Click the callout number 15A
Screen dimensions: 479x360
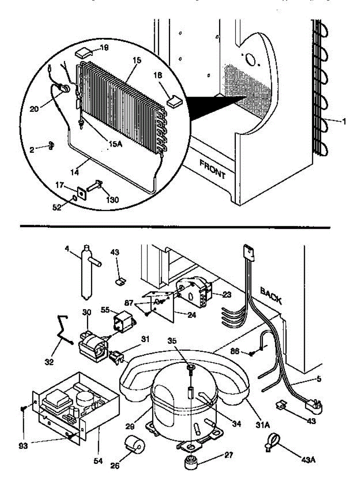(x=115, y=144)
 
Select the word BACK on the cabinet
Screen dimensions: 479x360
(x=271, y=295)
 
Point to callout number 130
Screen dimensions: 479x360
(x=112, y=200)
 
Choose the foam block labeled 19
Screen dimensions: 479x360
(x=84, y=52)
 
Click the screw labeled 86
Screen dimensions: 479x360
(x=252, y=353)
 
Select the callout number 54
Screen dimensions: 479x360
(x=98, y=461)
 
